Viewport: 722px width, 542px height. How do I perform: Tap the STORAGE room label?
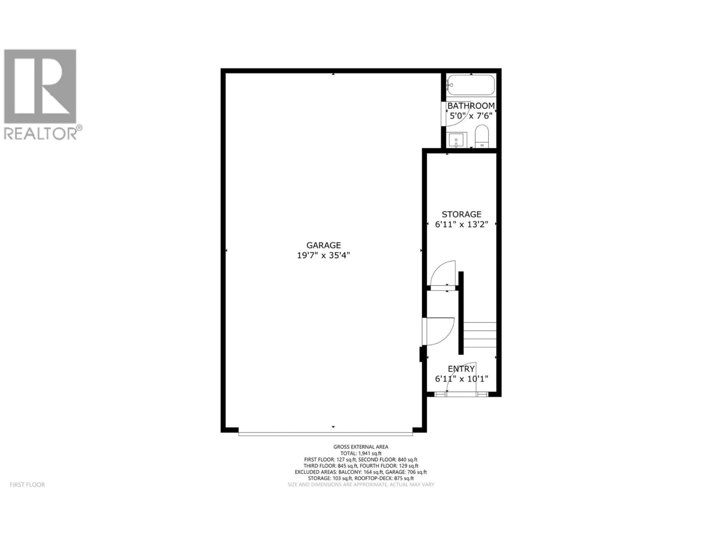pos(461,214)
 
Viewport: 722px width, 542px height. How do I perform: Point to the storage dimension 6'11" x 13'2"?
pos(461,225)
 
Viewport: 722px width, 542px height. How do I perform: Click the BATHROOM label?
pos(471,106)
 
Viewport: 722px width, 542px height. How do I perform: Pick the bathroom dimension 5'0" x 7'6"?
pos(471,116)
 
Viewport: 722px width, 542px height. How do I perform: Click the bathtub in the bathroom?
pos(471,85)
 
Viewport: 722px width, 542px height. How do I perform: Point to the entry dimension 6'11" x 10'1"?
pos(461,379)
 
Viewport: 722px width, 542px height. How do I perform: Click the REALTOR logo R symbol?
pos(40,86)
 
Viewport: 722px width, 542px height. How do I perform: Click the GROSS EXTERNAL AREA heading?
pos(361,447)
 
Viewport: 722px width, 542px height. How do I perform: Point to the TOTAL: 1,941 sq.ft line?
pos(361,453)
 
